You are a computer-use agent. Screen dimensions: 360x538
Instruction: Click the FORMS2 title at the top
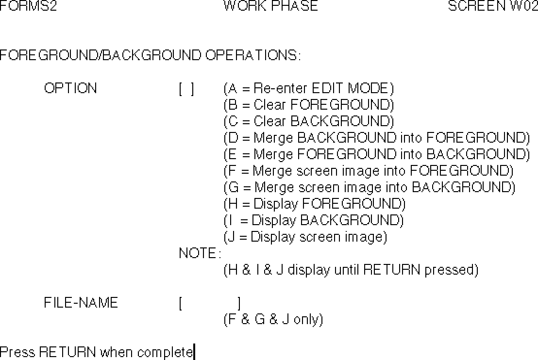(x=28, y=6)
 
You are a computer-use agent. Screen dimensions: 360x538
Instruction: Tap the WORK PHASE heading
(x=270, y=6)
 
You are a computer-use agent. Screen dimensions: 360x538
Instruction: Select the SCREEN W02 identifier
(x=492, y=6)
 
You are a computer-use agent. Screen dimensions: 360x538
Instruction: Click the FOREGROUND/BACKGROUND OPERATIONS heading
(x=150, y=55)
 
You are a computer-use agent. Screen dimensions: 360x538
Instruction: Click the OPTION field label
(x=70, y=88)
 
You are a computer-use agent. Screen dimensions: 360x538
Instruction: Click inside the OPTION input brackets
(x=186, y=89)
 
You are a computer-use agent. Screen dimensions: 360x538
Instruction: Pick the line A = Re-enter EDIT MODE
(x=309, y=89)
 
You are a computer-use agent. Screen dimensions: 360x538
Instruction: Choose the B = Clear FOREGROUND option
(x=309, y=105)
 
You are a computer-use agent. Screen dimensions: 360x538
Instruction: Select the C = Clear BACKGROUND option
(x=309, y=121)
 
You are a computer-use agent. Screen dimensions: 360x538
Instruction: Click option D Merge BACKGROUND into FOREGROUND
(x=377, y=138)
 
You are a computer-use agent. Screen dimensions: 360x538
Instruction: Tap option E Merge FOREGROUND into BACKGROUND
(x=377, y=154)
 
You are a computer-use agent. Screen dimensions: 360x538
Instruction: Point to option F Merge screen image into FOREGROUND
(x=369, y=171)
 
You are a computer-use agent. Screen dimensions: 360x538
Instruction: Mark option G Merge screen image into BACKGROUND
(x=370, y=187)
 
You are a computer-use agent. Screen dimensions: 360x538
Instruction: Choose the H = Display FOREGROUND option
(x=315, y=204)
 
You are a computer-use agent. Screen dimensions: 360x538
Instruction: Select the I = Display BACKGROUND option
(x=314, y=220)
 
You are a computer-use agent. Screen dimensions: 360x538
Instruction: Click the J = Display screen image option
(x=305, y=237)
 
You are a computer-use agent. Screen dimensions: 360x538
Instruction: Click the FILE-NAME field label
(x=81, y=303)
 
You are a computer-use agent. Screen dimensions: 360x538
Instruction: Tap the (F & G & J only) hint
(x=273, y=320)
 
